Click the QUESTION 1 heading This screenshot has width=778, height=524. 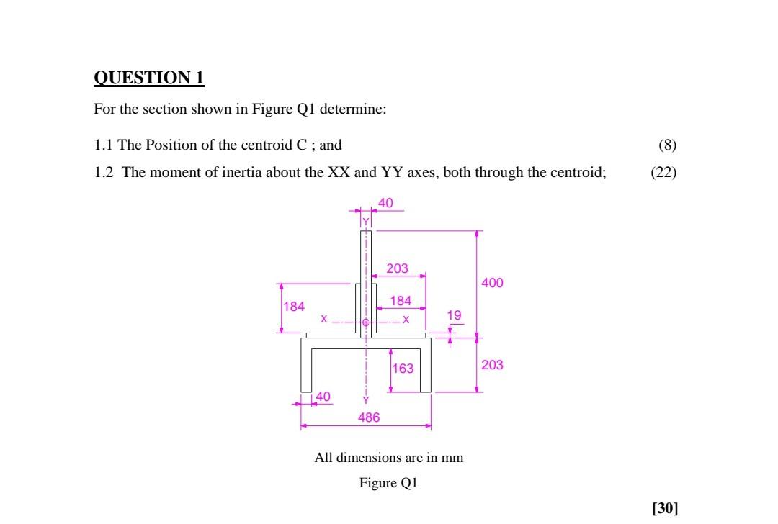149,78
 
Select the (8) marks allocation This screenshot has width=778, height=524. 667,145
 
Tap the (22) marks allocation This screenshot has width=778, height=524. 663,173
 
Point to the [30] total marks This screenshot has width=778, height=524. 664,509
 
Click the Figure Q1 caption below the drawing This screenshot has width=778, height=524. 388,483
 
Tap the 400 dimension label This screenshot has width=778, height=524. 492,283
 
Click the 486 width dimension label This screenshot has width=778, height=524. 368,417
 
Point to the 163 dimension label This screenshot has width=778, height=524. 403,369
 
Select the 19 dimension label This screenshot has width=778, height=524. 454,315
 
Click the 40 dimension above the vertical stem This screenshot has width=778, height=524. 385,204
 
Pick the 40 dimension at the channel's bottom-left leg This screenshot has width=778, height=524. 323,397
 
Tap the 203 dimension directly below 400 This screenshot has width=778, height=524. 492,365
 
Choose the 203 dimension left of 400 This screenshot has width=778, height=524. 397,268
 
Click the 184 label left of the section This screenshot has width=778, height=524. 293,307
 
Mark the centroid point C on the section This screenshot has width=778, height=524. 365,322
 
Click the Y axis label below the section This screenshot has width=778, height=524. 365,400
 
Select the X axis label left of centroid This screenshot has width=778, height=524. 323,319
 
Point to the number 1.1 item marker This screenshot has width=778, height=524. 104,145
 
